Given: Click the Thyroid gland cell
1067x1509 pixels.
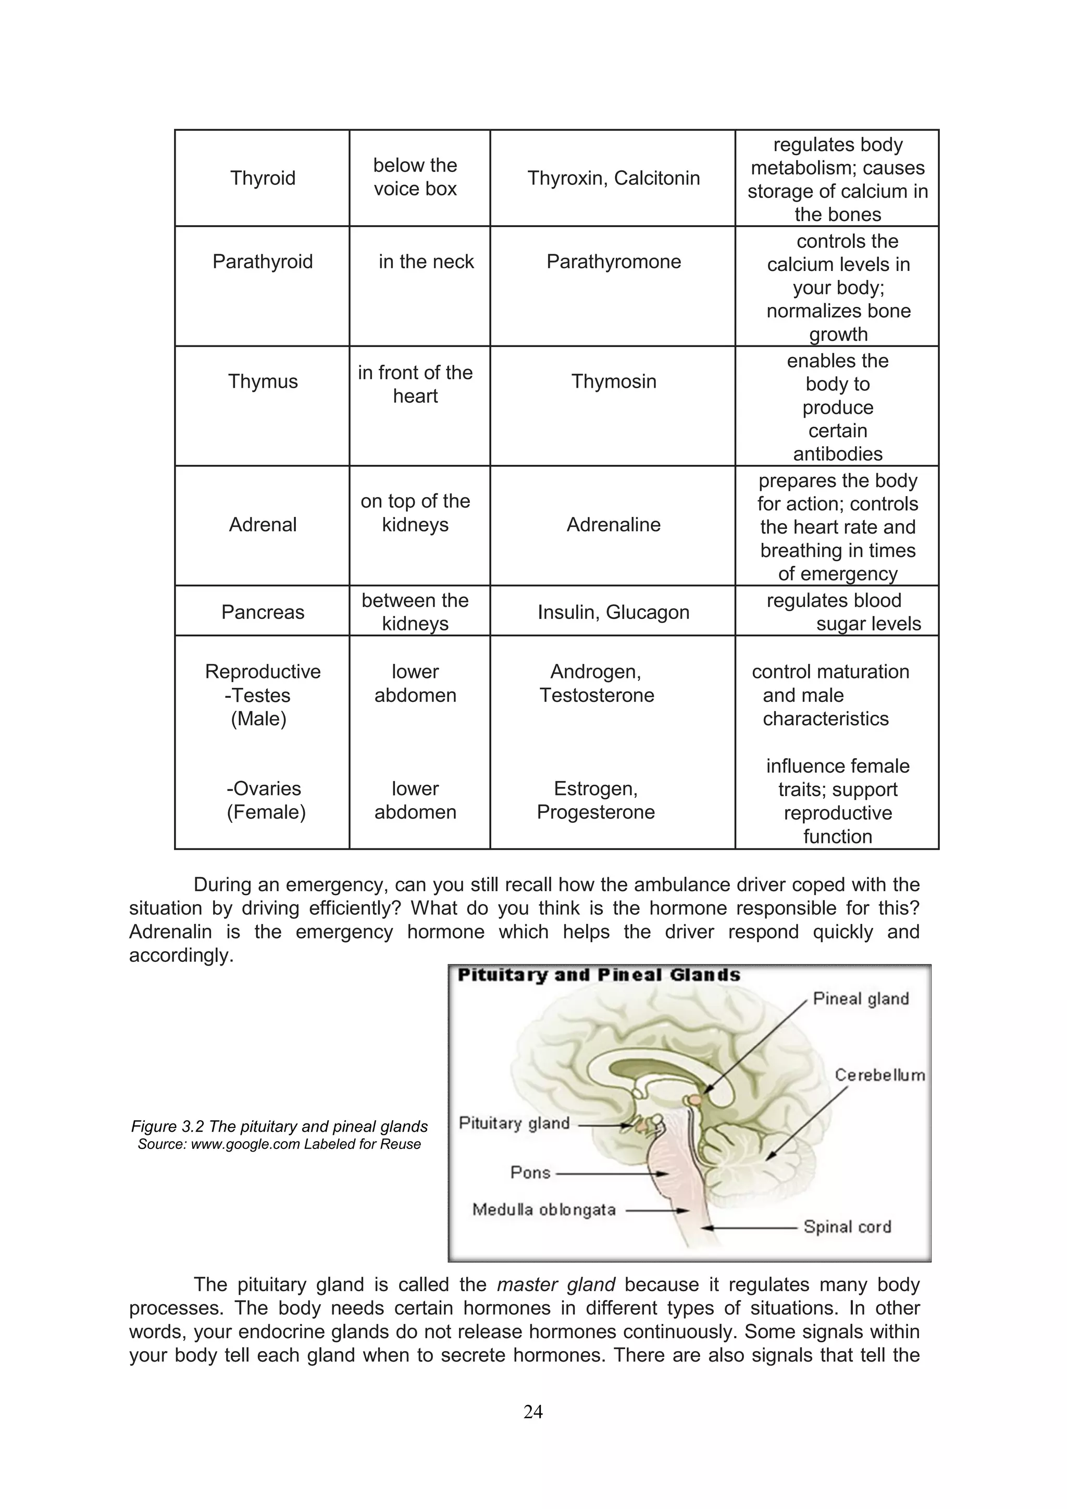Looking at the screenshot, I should pos(263,178).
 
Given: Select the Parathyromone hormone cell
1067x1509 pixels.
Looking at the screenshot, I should pos(614,262).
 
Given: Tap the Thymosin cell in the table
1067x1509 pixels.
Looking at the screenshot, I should pos(614,381).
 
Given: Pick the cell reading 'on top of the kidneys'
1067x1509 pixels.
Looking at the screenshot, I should pos(415,513).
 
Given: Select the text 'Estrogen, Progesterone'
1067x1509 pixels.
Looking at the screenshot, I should pos(596,800).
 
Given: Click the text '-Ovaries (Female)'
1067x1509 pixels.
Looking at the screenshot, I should pos(265,800).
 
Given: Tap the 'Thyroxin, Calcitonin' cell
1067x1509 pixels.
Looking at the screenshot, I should pos(614,178).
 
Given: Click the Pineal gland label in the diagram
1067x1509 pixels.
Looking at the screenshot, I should pos(861,998).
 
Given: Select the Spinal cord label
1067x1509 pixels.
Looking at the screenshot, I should pos(847,1227).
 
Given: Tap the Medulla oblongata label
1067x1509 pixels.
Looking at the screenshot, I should pos(544,1209).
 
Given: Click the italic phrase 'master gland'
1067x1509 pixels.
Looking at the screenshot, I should pos(556,1284).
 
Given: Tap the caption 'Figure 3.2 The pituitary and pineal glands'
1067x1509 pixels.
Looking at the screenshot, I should pos(279,1127).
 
